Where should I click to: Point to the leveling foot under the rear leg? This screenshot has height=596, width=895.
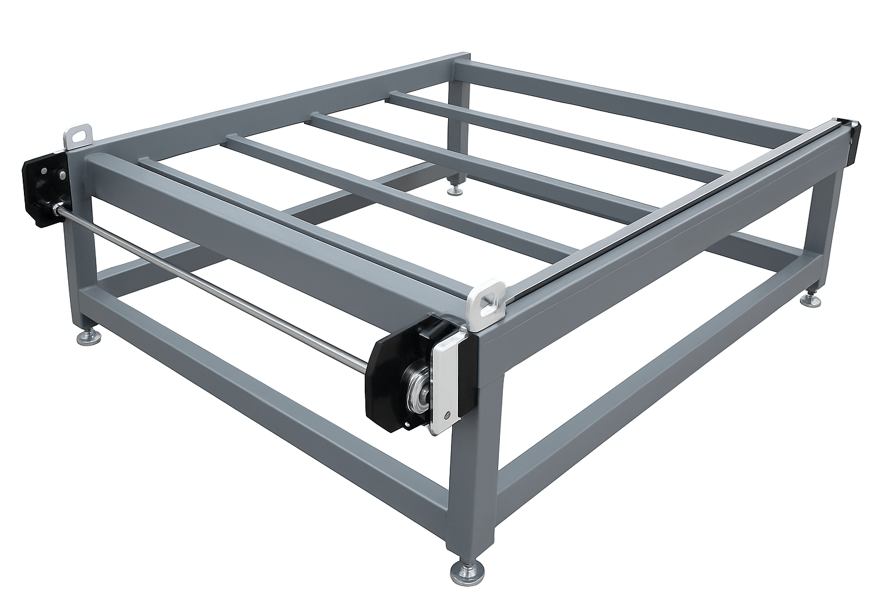click(453, 189)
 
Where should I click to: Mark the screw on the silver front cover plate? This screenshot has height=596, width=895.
click(446, 415)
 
